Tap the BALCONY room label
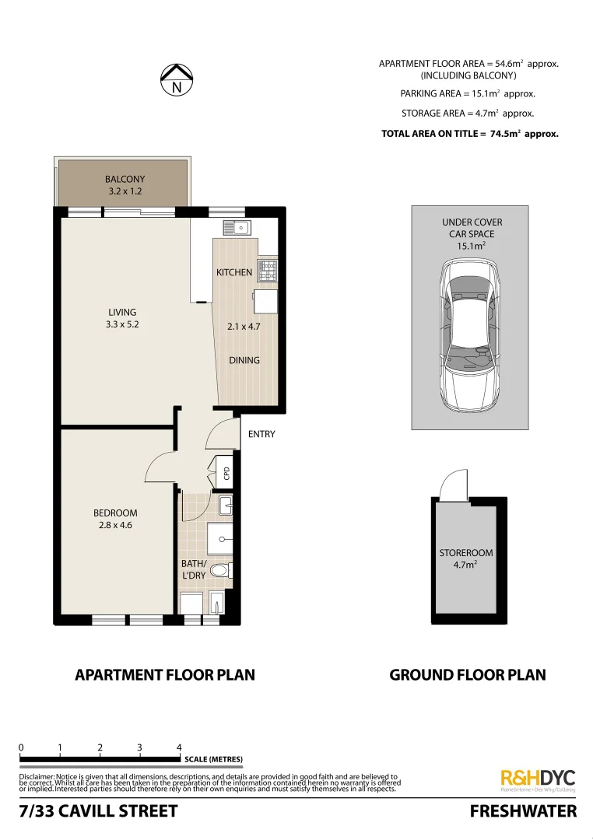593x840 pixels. pyautogui.click(x=125, y=180)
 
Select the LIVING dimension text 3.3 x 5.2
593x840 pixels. pyautogui.click(x=122, y=325)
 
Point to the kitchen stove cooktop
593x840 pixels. pyautogui.click(x=268, y=270)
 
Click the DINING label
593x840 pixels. pyautogui.click(x=244, y=360)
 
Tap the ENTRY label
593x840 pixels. pyautogui.click(x=261, y=434)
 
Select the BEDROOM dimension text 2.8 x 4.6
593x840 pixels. pyautogui.click(x=115, y=526)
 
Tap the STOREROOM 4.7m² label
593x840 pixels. pyautogui.click(x=466, y=559)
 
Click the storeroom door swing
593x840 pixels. pyautogui.click(x=451, y=487)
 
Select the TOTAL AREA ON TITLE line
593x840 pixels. pyautogui.click(x=469, y=134)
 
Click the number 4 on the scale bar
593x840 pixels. pyautogui.click(x=180, y=747)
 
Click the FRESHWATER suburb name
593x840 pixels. pyautogui.click(x=523, y=812)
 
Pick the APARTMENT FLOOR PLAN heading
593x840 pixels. pyautogui.click(x=164, y=674)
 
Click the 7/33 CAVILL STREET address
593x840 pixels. pyautogui.click(x=98, y=812)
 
